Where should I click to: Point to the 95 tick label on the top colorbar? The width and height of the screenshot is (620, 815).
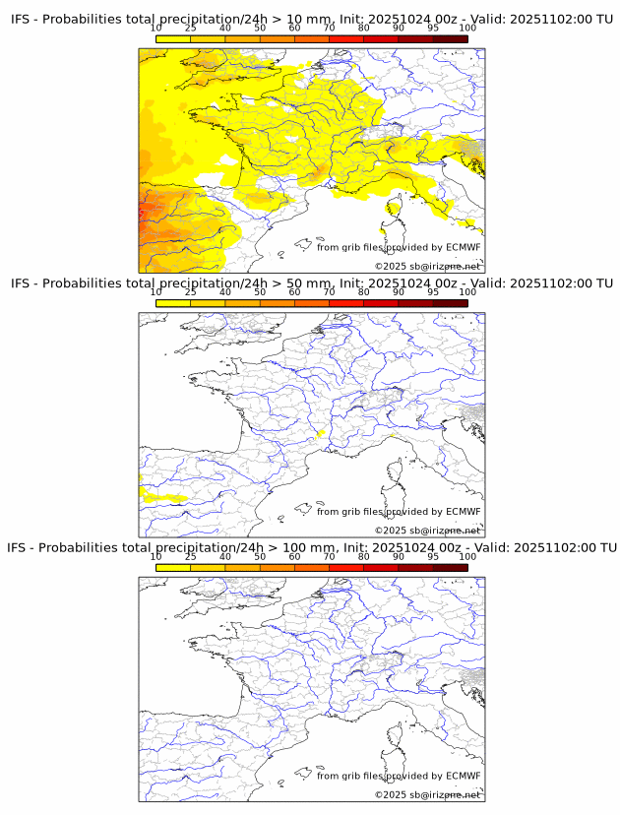tap(433, 29)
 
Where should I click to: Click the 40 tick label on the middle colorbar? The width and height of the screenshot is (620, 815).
tap(225, 292)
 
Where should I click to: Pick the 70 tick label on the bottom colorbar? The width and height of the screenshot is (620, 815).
tap(329, 556)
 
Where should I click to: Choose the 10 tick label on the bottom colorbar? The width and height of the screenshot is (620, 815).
tap(156, 556)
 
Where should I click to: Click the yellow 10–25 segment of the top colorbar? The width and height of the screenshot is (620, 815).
tap(173, 38)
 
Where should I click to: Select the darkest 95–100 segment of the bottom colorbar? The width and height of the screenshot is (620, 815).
tap(450, 568)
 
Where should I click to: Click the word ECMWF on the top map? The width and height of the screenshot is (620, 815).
tap(463, 247)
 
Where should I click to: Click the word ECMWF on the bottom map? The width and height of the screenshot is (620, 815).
tap(463, 776)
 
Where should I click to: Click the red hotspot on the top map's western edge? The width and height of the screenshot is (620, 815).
tap(144, 210)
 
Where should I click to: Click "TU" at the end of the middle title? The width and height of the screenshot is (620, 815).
tap(604, 283)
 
